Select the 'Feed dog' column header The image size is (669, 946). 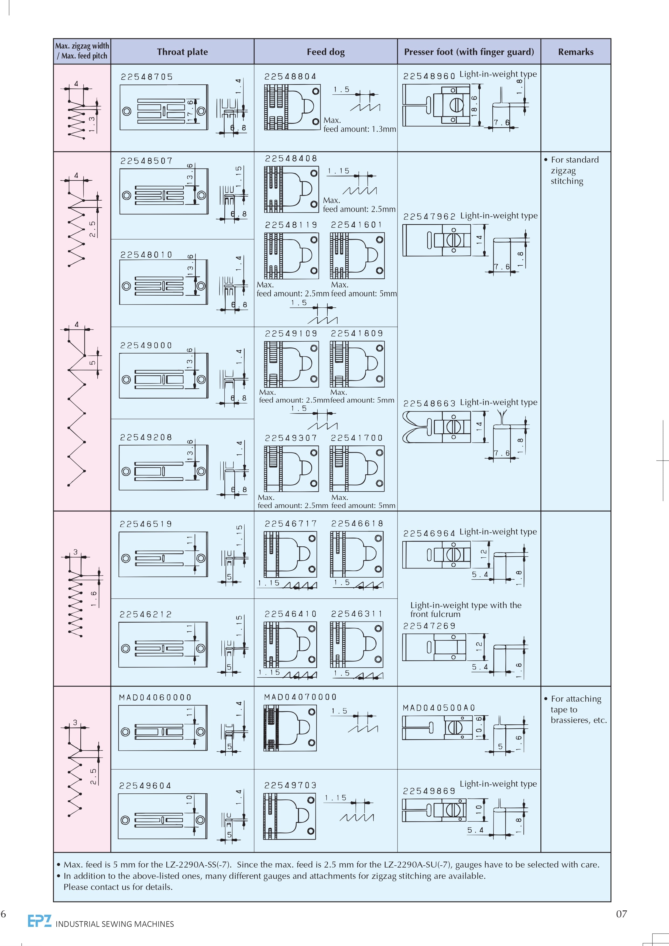pos(325,52)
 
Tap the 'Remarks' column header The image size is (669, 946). pos(575,52)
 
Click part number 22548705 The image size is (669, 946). pos(147,77)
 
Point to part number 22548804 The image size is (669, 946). pos(290,77)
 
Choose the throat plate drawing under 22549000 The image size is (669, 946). pos(164,376)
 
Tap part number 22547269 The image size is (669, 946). pos(429,626)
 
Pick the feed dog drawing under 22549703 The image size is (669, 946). pos(289,816)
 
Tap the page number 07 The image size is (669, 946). pos(621,914)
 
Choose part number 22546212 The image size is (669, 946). pos(146,614)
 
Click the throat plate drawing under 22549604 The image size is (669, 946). pos(163,816)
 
